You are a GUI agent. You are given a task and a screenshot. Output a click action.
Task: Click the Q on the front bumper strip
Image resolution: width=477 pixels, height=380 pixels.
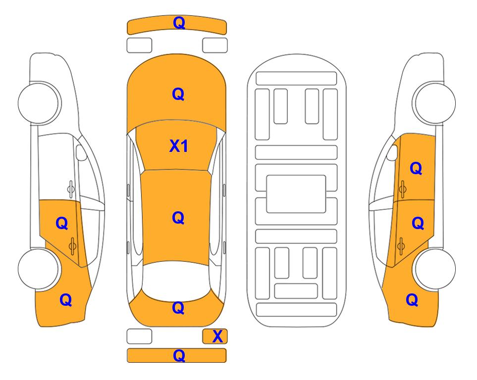(179, 23)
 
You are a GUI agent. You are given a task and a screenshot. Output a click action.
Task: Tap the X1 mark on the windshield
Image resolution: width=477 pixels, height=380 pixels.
(179, 146)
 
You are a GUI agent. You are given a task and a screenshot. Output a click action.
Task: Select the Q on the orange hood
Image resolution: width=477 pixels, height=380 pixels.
(178, 94)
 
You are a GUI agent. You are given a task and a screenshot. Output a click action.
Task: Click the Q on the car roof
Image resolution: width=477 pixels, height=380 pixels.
(178, 218)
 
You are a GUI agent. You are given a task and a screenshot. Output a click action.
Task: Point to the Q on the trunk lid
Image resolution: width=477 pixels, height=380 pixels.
(178, 308)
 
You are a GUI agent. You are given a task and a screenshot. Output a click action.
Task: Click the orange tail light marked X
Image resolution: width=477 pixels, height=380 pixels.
(215, 336)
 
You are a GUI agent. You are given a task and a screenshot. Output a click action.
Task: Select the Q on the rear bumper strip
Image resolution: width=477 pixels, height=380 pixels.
(179, 355)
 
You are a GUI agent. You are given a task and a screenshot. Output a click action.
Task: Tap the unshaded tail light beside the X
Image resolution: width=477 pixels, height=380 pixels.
(139, 336)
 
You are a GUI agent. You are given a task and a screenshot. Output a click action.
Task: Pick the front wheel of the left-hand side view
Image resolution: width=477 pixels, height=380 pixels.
(39, 103)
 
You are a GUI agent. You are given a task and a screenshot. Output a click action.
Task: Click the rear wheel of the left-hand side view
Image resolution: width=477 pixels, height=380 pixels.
(39, 269)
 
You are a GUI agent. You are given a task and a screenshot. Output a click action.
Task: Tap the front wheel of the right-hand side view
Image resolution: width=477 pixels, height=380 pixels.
(434, 103)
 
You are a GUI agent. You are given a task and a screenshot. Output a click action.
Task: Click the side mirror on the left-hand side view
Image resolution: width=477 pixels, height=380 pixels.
(81, 152)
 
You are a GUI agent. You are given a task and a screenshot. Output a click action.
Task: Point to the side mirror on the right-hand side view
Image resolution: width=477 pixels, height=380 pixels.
(392, 152)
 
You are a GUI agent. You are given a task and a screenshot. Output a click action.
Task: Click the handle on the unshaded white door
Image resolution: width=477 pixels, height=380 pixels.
(71, 189)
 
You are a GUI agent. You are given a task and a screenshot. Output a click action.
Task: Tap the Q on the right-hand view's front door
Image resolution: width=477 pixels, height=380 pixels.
(416, 168)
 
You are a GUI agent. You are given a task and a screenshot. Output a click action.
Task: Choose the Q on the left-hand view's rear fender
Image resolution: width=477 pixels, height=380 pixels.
(66, 300)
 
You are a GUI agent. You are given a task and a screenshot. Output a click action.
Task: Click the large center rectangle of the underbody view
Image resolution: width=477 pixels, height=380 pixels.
(296, 194)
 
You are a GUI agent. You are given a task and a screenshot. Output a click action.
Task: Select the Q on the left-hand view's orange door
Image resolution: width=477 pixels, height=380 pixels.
(62, 224)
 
